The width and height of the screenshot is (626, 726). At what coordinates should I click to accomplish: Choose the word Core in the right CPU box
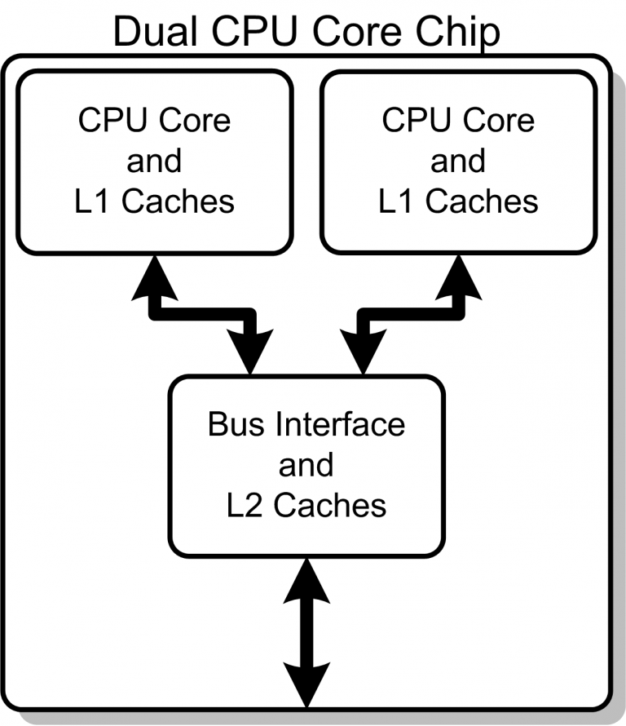pyautogui.click(x=499, y=121)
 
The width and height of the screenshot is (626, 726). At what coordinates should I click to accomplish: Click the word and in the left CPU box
pyautogui.click(x=154, y=161)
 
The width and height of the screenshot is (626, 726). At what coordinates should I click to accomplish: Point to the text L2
pyautogui.click(x=245, y=505)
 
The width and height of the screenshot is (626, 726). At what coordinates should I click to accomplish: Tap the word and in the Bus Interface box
pyautogui.click(x=306, y=465)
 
